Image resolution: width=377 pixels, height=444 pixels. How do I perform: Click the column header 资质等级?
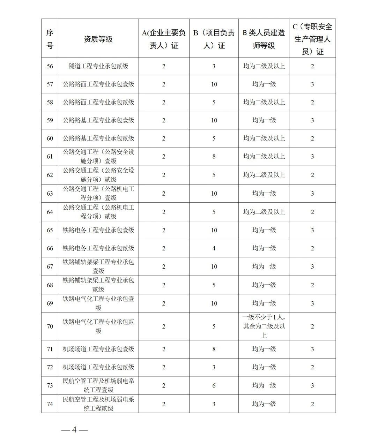click(x=98, y=39)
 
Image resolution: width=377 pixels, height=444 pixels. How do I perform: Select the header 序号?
click(x=50, y=39)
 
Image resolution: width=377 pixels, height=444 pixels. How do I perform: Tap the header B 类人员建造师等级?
click(x=264, y=39)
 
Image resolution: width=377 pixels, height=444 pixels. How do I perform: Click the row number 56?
click(x=50, y=66)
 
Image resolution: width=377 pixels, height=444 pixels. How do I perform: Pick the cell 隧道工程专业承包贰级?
click(x=98, y=66)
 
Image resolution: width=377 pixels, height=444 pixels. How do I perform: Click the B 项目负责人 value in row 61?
click(x=214, y=157)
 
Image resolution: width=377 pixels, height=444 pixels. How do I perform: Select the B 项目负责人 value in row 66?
click(x=214, y=248)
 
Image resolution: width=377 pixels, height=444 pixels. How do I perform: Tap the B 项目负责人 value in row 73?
click(x=214, y=385)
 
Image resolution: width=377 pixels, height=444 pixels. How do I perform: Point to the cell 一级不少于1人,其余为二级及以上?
click(x=264, y=326)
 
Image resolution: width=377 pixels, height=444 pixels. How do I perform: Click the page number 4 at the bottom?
click(x=74, y=430)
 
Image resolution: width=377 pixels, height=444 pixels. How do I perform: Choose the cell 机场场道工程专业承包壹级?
click(x=98, y=349)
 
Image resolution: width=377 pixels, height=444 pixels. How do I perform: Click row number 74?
click(x=50, y=404)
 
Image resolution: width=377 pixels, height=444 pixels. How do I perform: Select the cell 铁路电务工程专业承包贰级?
click(x=98, y=248)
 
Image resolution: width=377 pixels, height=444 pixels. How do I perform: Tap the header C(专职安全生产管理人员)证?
click(x=312, y=39)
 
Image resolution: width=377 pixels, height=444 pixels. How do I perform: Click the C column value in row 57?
click(x=312, y=84)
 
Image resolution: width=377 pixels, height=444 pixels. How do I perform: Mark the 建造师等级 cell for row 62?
click(x=264, y=175)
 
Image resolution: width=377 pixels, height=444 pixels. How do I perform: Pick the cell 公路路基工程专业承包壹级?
click(x=98, y=120)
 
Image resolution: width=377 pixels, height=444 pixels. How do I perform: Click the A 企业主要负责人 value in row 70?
click(x=164, y=326)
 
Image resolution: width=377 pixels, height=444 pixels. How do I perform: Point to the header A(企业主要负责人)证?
click(x=164, y=39)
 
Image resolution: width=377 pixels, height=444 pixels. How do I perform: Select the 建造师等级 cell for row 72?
click(x=264, y=367)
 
